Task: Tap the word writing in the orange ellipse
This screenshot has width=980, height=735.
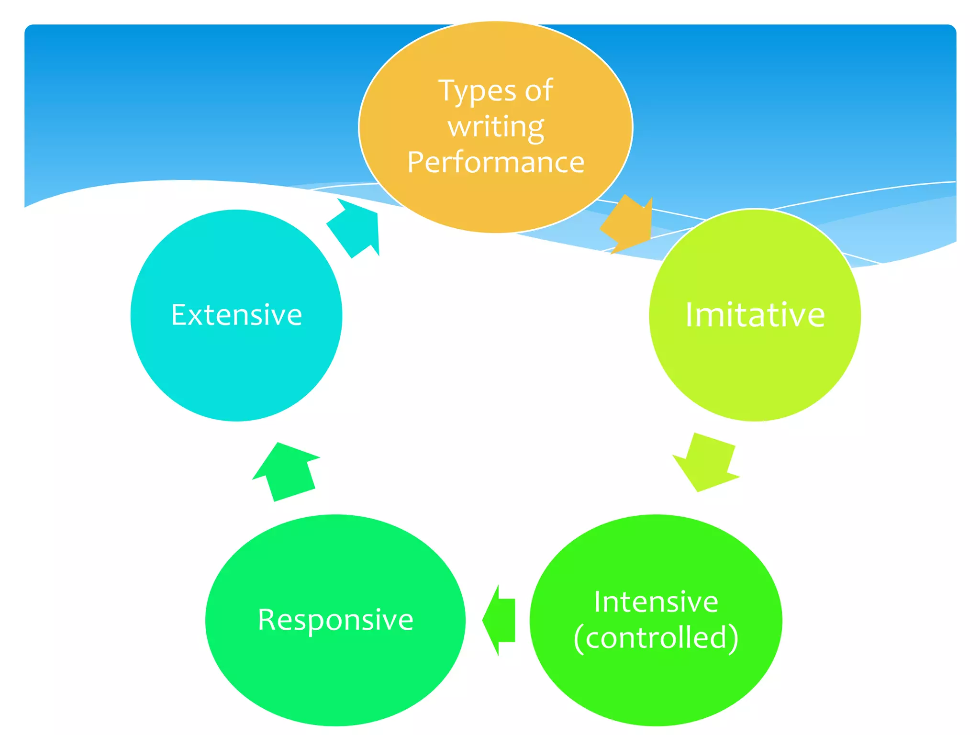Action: (496, 127)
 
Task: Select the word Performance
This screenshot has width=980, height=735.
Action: (496, 162)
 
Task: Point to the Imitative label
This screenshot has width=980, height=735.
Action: (755, 315)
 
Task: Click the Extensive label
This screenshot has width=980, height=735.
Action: (236, 315)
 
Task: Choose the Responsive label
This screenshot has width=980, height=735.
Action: (335, 620)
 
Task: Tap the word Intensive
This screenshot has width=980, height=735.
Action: (656, 602)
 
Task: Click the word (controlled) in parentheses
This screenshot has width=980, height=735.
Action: (656, 638)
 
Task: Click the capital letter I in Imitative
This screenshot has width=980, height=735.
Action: (689, 315)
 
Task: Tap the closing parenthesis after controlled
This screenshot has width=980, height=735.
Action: (734, 638)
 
